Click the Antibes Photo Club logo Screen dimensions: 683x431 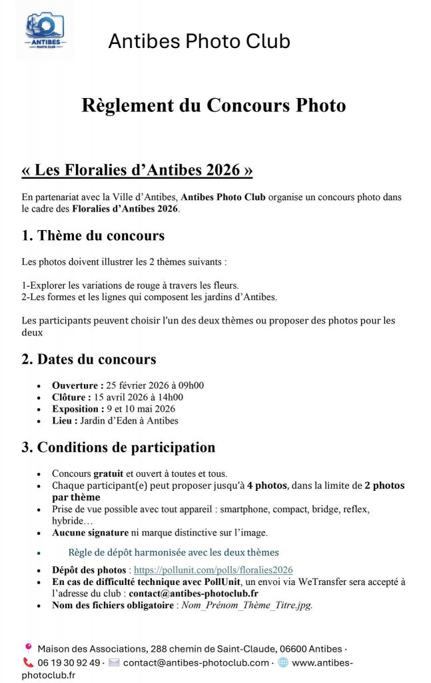pos(45,31)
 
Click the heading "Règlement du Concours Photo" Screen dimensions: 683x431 pos(214,105)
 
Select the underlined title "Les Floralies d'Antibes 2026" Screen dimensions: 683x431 pos(137,170)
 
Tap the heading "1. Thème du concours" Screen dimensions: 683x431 pos(93,235)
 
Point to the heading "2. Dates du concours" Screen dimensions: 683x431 pos(89,360)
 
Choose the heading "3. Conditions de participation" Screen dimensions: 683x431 pos(118,448)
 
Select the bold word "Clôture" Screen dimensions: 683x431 pos(71,397)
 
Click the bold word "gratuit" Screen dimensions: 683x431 pos(109,473)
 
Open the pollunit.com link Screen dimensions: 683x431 pos(213,570)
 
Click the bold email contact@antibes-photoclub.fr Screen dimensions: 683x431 pos(194,593)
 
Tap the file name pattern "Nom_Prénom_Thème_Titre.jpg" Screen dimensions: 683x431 pos(247,606)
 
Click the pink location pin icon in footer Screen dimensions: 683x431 pos(28,648)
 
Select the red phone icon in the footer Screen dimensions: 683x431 pos(28,662)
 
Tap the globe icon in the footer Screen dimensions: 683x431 pos(283,662)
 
